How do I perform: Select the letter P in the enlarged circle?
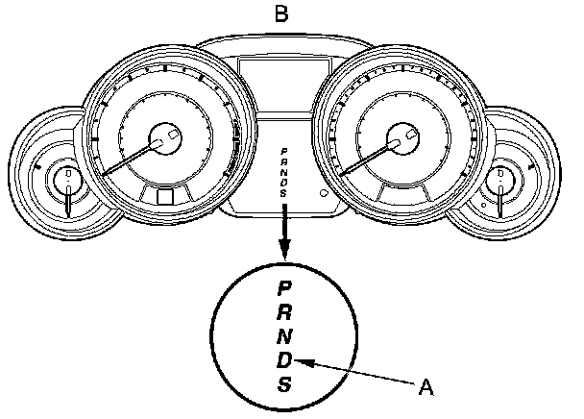283,287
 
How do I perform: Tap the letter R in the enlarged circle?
283,312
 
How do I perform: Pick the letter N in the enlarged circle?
283,336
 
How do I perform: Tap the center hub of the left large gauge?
166,137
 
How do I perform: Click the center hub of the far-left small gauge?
68,179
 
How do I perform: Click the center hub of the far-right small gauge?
500,179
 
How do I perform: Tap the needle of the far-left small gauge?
68,199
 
